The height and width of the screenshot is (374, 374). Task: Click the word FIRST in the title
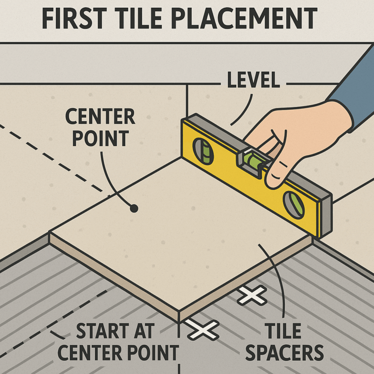(x=74, y=19)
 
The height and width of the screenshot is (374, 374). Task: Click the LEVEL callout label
(x=253, y=80)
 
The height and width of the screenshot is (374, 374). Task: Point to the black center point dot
(x=134, y=208)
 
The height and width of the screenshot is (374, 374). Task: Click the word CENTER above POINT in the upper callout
(x=100, y=116)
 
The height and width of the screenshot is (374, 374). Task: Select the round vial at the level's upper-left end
(x=203, y=151)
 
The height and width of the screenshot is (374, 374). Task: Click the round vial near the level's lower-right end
(x=294, y=205)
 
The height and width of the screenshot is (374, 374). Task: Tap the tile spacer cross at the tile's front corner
(x=203, y=330)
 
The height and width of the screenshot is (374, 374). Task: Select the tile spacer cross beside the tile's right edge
(x=252, y=295)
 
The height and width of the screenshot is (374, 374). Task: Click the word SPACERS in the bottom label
(x=284, y=353)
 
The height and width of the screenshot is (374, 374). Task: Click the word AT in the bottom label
(x=144, y=331)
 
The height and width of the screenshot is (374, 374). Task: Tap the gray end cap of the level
(x=326, y=216)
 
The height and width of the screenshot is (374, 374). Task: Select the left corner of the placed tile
(x=49, y=232)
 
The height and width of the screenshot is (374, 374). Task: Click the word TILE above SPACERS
(x=283, y=331)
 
